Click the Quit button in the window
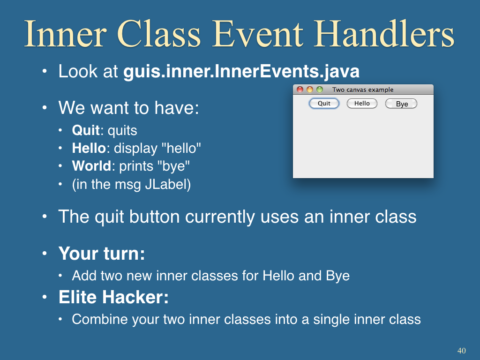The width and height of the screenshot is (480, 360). tap(324, 104)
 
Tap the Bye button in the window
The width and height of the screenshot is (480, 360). tap(401, 104)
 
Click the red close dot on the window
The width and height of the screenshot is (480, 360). tap(300, 90)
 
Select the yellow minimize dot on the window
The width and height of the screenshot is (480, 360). tap(310, 90)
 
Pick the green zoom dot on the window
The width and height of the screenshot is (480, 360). tap(320, 90)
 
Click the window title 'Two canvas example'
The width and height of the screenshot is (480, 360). tap(363, 90)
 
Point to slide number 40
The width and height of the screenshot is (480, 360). tap(462, 351)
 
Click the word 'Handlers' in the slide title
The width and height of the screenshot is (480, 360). tap(384, 34)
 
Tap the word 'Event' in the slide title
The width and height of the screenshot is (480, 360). tap(258, 34)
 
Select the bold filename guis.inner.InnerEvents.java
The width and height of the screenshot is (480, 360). tap(241, 72)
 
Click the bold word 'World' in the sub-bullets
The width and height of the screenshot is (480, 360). tap(91, 166)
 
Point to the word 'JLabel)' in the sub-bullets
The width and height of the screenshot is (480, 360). tap(168, 185)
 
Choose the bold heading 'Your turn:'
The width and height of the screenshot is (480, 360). tap(102, 254)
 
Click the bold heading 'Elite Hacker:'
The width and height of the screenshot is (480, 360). tap(113, 297)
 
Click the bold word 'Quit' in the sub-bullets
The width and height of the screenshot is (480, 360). tap(86, 130)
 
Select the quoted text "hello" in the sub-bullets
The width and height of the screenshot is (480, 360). tap(181, 148)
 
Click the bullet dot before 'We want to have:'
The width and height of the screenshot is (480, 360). tap(45, 108)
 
